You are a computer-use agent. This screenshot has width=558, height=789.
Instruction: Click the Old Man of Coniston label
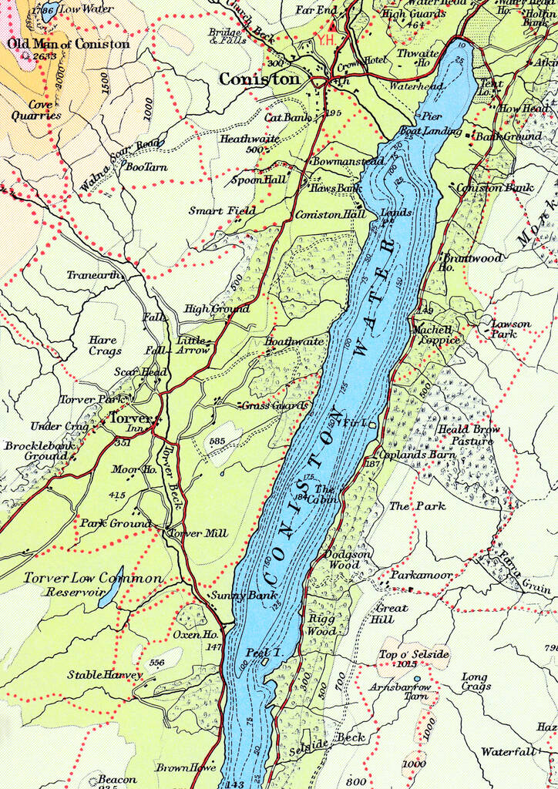[x=69, y=44]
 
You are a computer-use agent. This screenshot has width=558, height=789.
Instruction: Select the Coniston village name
[x=259, y=79]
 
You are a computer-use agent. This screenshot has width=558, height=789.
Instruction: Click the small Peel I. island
[x=265, y=660]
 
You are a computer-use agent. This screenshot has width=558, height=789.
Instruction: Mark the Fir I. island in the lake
[x=372, y=425]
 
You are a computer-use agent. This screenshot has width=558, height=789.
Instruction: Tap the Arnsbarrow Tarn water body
[x=417, y=679]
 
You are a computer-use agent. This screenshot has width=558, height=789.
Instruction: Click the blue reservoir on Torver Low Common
[x=109, y=587]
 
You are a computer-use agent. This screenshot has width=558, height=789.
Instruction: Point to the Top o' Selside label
[x=413, y=654]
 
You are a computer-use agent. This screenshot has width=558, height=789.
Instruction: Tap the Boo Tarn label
[x=146, y=166]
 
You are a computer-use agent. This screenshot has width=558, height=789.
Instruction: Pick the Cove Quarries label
[x=35, y=110]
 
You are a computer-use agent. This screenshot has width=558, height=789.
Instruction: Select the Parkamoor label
[x=421, y=575]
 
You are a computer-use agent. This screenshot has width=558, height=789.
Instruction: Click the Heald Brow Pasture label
[x=469, y=435]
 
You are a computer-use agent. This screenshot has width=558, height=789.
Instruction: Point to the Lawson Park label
[x=510, y=329]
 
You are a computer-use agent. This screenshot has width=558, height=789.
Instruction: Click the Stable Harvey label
[x=105, y=675]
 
